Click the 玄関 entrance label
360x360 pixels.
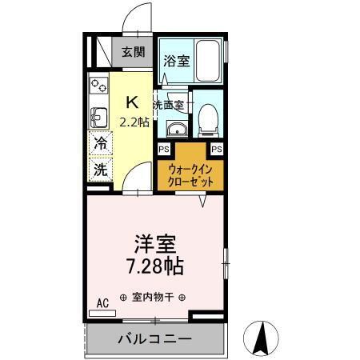134,53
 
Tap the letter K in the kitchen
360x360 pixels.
133,102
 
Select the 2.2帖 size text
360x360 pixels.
133,122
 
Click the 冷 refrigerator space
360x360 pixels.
100,145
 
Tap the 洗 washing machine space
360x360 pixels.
100,170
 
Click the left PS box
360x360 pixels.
163,149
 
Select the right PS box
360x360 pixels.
216,149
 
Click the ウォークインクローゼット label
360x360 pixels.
190,175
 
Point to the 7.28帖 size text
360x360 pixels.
155,265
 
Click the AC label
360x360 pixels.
102,302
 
